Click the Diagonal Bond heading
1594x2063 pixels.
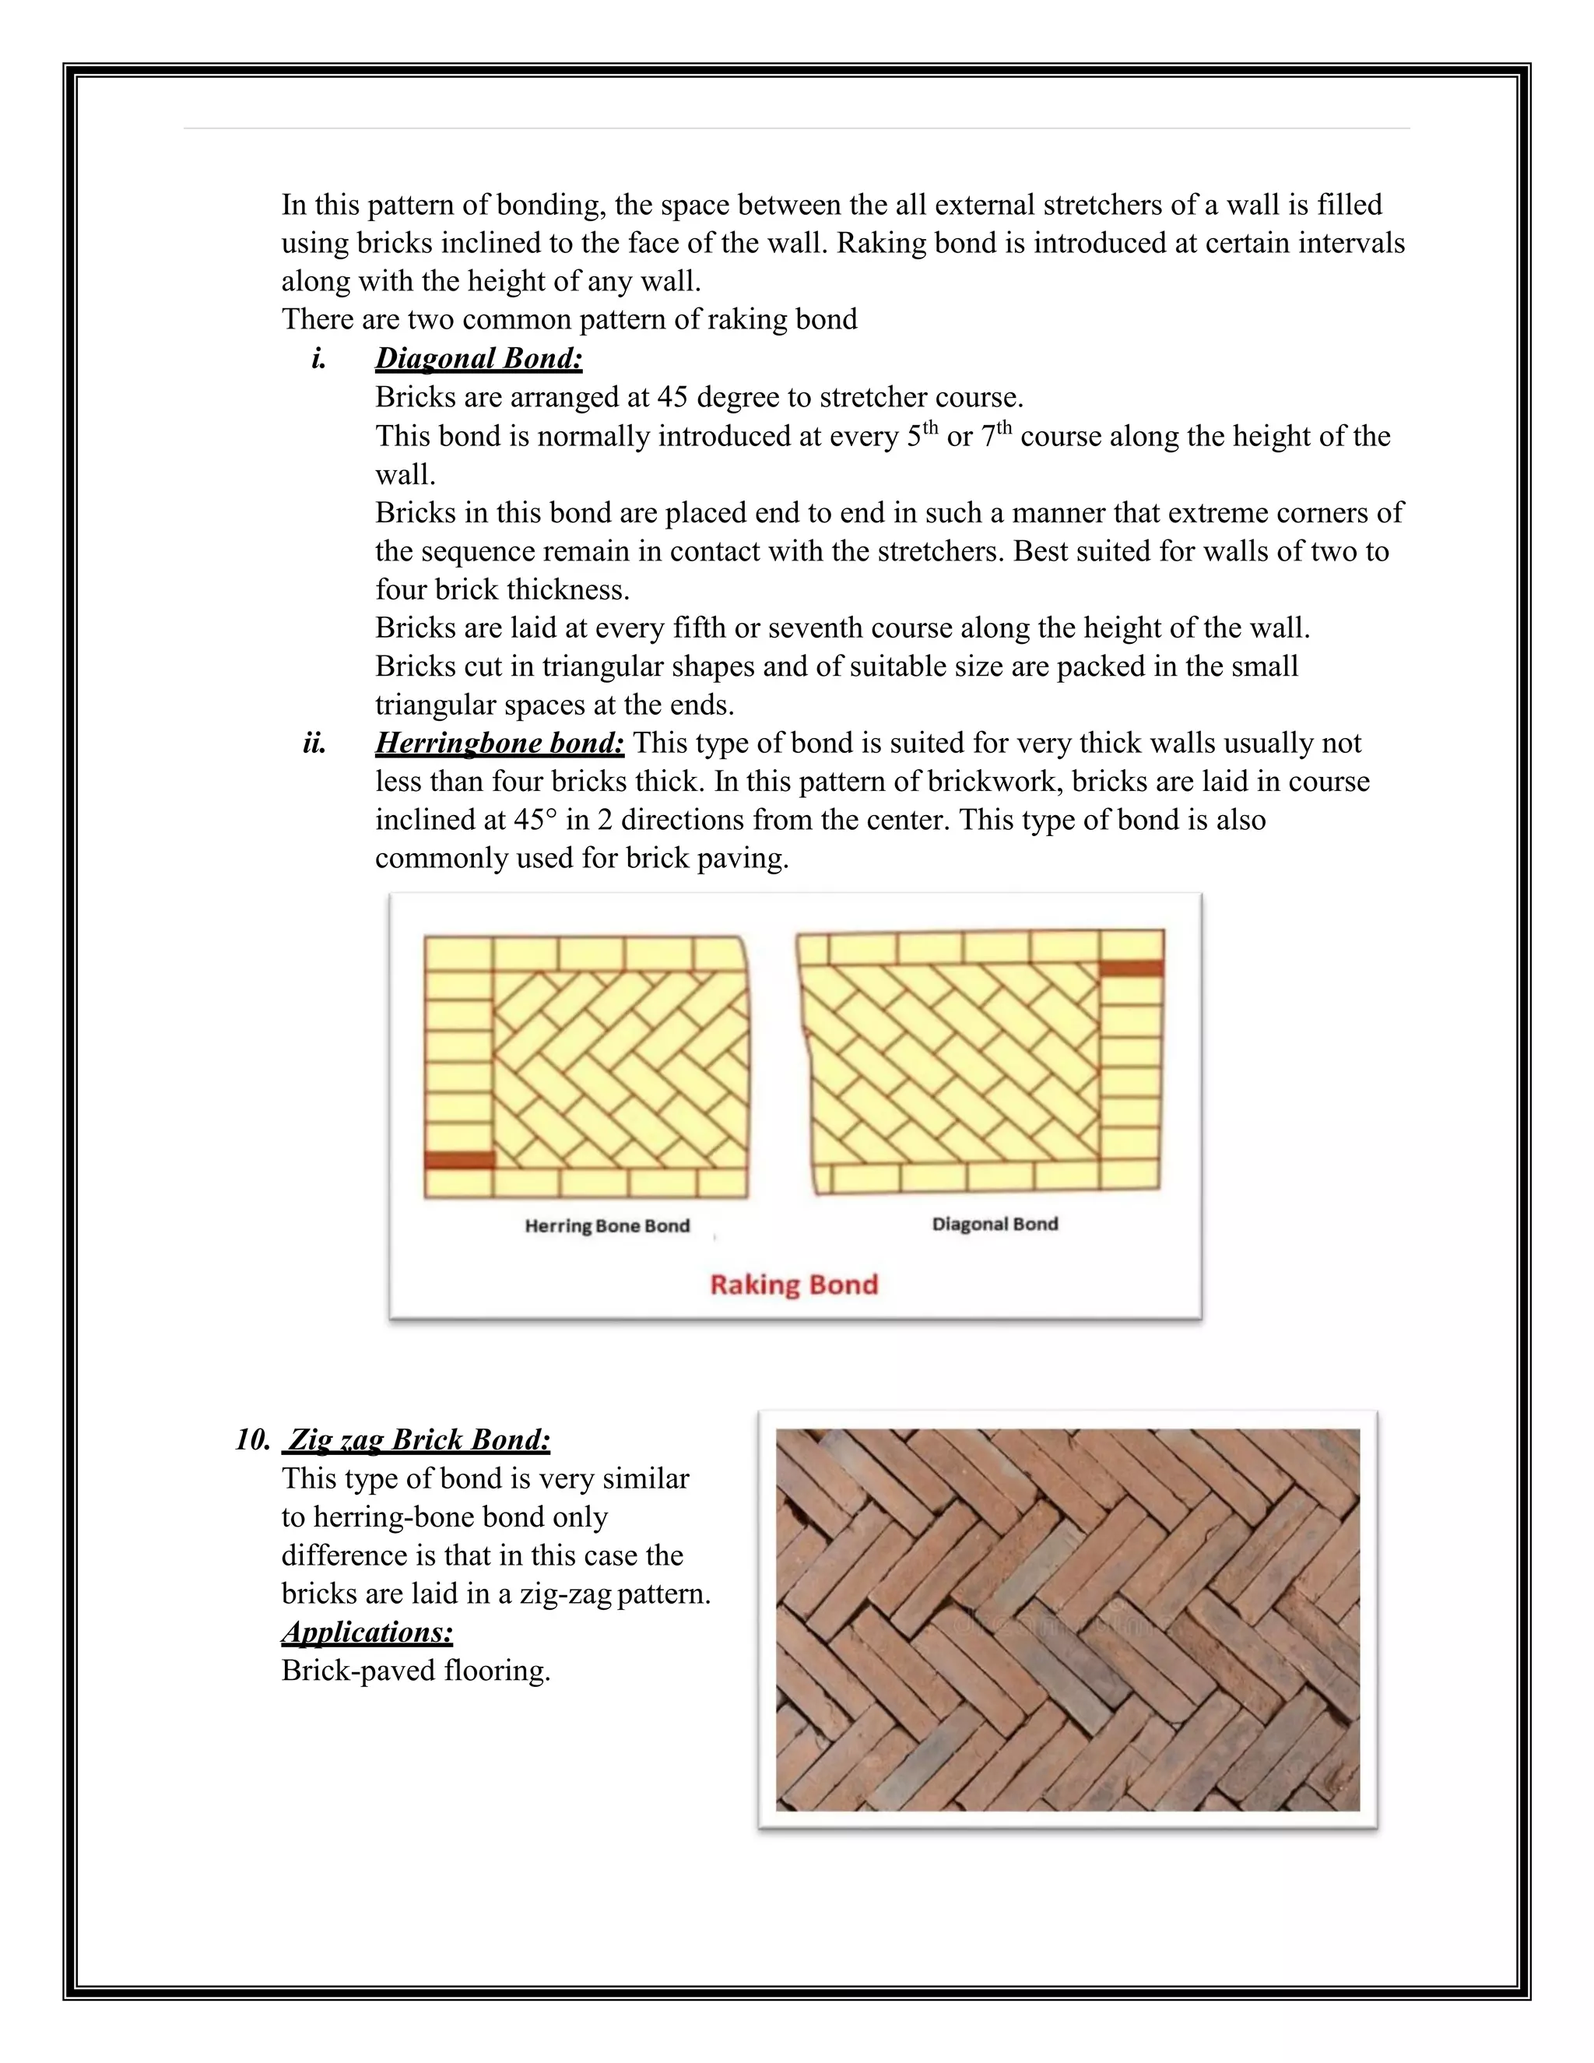479,358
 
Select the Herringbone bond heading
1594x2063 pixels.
500,743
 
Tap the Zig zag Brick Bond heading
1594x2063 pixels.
418,1439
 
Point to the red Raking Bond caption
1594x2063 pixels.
794,1285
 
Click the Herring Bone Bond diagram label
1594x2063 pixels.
607,1226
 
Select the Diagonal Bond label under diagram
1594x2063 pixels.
995,1225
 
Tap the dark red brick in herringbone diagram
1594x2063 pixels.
459,1160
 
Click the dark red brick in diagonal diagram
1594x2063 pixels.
1131,968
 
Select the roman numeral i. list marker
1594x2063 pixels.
319,359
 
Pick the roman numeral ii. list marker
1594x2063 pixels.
314,744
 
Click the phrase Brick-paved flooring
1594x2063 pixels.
416,1670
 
